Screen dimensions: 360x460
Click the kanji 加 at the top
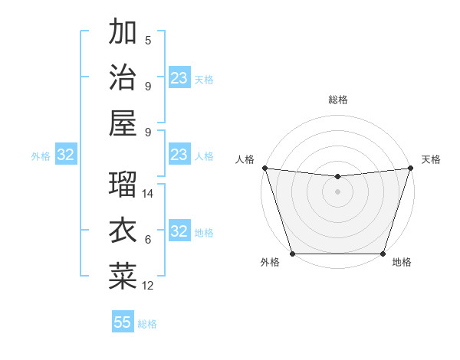click(x=123, y=32)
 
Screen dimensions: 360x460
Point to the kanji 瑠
click(x=123, y=185)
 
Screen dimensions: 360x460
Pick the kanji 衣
click(x=123, y=231)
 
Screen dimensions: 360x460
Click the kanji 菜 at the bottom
click(x=123, y=276)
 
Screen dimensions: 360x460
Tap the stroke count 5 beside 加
click(x=148, y=41)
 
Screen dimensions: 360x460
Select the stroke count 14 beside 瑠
click(x=149, y=194)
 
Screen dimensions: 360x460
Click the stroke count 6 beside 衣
click(x=148, y=240)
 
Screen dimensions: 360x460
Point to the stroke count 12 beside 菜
click(x=149, y=286)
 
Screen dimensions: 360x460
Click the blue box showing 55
click(x=123, y=322)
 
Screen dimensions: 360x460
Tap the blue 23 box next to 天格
click(x=179, y=78)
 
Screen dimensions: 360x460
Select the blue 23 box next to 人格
click(x=179, y=155)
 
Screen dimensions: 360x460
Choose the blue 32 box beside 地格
click(x=179, y=231)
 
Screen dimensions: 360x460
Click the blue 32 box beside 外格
click(x=65, y=155)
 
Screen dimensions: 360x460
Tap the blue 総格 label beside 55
click(x=147, y=324)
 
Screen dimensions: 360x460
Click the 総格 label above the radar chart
click(x=338, y=100)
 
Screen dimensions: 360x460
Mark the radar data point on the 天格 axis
click(x=410, y=168)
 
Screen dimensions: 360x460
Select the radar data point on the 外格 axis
click(x=293, y=254)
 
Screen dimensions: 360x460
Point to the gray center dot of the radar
click(x=337, y=191)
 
